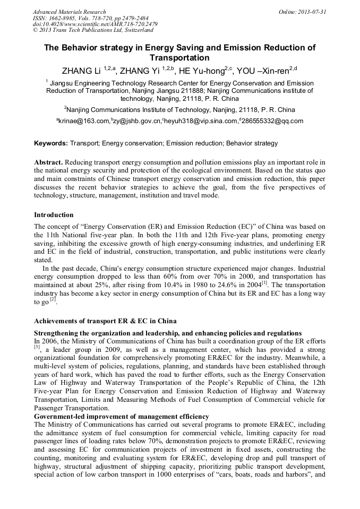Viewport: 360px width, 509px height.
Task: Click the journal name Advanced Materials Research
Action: pos(69,12)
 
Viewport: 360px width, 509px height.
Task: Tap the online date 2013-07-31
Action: pos(312,12)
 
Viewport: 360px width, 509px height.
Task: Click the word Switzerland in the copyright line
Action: pos(137,31)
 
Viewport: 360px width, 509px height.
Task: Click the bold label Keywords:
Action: pos(51,143)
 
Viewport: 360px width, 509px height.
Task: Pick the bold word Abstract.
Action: pos(49,161)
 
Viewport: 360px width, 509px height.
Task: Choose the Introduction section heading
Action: pos(54,215)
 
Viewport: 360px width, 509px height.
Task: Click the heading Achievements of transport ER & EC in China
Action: pos(105,321)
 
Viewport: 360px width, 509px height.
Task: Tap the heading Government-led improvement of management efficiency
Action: pos(121,417)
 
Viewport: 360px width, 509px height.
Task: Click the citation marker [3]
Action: pos(37,347)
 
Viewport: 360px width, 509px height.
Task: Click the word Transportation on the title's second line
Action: pos(179,58)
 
